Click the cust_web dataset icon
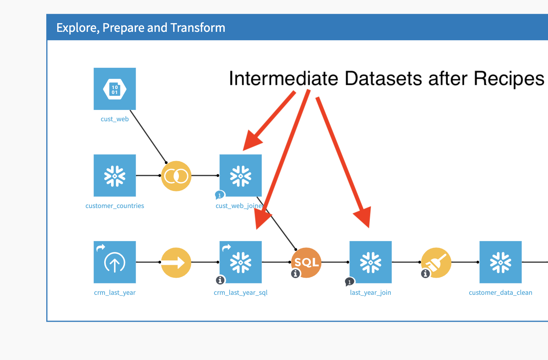[114, 89]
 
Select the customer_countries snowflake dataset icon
[114, 175]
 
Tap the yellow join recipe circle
[176, 176]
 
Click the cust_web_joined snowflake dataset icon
[241, 175]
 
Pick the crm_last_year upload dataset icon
[114, 262]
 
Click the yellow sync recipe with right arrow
[176, 263]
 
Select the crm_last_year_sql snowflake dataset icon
[241, 262]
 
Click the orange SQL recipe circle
[306, 263]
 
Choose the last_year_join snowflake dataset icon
[370, 262]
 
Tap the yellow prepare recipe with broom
[436, 263]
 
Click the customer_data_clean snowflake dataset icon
[500, 262]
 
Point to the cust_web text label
[114, 119]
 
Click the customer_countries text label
[114, 206]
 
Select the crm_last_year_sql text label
[241, 293]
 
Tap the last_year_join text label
[370, 293]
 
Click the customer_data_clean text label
[500, 293]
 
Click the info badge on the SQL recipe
[296, 273]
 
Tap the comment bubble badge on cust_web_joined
[220, 195]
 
